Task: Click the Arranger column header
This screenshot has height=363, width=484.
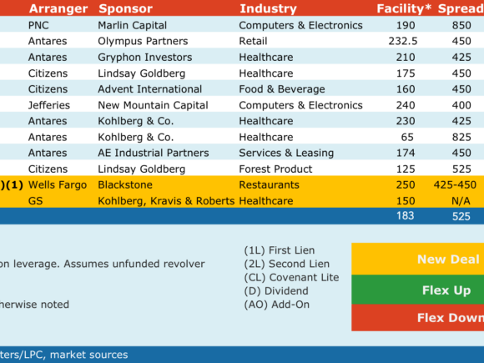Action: click(x=58, y=8)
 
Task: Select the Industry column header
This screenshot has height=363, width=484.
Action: click(x=268, y=8)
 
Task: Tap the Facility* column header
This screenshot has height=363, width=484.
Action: click(x=404, y=8)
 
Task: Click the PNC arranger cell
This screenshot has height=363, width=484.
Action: click(x=38, y=25)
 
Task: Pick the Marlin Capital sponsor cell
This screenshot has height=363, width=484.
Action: click(x=133, y=25)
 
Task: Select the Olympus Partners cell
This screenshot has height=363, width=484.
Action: click(x=143, y=41)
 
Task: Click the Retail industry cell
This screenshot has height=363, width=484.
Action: click(x=253, y=41)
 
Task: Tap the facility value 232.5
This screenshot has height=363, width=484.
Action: click(x=403, y=41)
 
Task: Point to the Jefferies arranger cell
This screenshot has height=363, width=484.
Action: click(x=49, y=105)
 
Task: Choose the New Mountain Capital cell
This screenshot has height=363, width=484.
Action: click(x=153, y=105)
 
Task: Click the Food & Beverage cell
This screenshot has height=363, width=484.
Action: click(x=282, y=89)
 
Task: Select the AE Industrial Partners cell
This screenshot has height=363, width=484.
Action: click(x=154, y=153)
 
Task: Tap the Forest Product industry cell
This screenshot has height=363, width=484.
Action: click(x=275, y=169)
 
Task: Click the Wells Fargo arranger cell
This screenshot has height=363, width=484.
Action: click(x=58, y=185)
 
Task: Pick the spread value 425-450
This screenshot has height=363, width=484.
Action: click(x=455, y=185)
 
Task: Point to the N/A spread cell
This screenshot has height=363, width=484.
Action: click(x=461, y=201)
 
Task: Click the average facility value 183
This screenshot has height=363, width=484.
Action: click(x=406, y=216)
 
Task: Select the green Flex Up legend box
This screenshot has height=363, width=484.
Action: click(x=417, y=290)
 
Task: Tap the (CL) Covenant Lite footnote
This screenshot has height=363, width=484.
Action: click(x=291, y=278)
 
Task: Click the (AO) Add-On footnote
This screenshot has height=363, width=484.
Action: click(x=276, y=305)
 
